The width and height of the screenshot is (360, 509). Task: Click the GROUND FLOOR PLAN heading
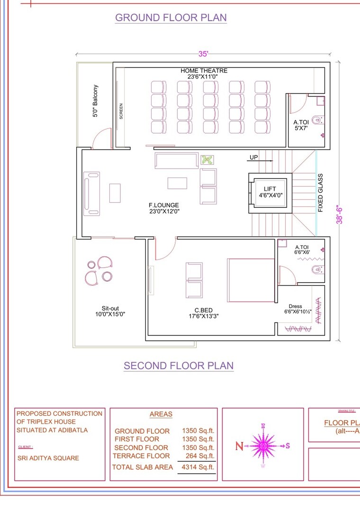pyautogui.click(x=171, y=18)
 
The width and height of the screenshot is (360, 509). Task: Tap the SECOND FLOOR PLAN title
pyautogui.click(x=179, y=366)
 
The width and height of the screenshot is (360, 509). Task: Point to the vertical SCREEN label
pyautogui.click(x=121, y=111)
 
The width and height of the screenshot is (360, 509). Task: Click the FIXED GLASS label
pyautogui.click(x=321, y=193)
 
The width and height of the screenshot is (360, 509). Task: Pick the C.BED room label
pyautogui.click(x=204, y=313)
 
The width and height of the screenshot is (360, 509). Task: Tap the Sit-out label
pyautogui.click(x=110, y=311)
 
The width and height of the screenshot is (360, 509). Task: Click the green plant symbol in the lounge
pyautogui.click(x=207, y=160)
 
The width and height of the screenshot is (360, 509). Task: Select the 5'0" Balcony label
pyautogui.click(x=96, y=101)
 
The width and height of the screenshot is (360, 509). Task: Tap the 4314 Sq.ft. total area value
pyautogui.click(x=198, y=467)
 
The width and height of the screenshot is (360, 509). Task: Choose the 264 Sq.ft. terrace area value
pyautogui.click(x=201, y=456)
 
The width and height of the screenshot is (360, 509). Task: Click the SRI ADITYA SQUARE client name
pyautogui.click(x=48, y=458)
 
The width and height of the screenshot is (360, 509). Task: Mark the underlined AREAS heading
pyautogui.click(x=161, y=414)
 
